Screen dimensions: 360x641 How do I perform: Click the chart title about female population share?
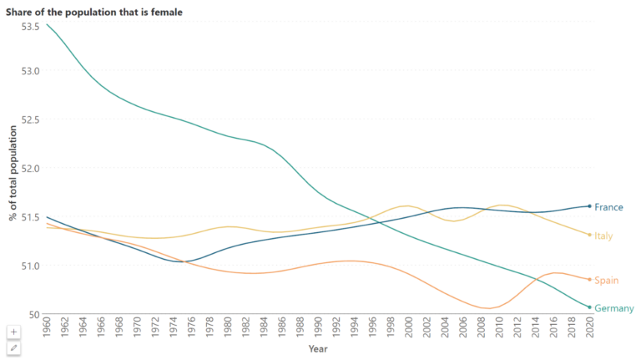95,11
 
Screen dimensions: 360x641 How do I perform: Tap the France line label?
608,207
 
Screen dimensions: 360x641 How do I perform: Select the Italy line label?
603,236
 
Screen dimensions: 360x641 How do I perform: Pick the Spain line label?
606,280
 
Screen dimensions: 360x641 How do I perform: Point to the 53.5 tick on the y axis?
30,27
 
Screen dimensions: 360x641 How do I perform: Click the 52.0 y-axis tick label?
30,168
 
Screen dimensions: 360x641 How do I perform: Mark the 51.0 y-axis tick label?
30,266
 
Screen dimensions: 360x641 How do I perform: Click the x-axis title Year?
318,348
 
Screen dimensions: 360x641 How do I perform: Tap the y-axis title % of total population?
13,174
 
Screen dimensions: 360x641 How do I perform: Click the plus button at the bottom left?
13,332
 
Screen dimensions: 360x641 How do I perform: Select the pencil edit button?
13,347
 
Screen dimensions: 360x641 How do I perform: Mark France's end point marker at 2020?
589,206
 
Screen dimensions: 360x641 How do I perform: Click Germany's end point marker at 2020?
589,307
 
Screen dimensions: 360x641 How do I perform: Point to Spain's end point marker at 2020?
589,279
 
